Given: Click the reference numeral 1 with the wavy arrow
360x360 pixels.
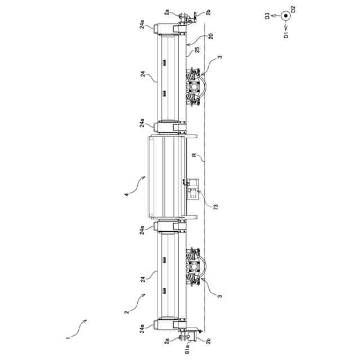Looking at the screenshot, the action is click(x=67, y=338).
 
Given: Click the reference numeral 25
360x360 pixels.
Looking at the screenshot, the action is click(x=197, y=50).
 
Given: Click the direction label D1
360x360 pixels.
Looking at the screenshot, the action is click(x=286, y=35).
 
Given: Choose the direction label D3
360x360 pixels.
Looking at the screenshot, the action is click(x=268, y=17).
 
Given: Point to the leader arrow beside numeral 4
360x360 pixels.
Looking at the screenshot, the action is click(x=139, y=183).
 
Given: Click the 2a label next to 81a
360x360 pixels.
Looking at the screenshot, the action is click(x=166, y=340).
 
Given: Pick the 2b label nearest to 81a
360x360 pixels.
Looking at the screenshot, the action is click(x=208, y=340).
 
